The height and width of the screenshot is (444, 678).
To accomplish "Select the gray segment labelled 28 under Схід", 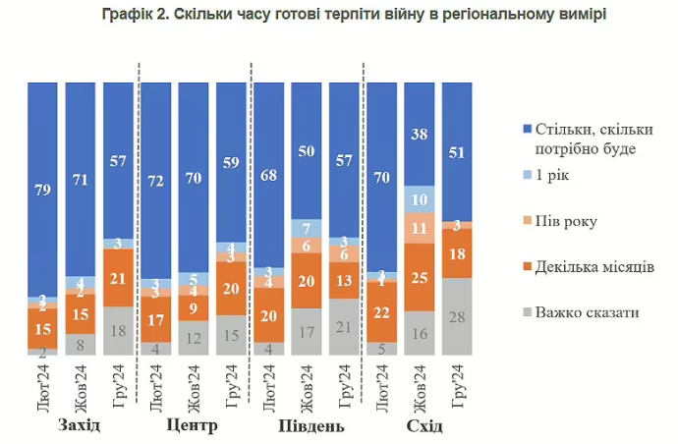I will (456, 315).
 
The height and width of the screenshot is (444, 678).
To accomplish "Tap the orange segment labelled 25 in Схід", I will (419, 278).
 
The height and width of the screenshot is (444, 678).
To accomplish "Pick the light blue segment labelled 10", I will (419, 199).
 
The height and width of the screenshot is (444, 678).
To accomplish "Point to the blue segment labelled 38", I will (419, 134).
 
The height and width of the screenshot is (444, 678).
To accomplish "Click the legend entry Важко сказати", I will (587, 312).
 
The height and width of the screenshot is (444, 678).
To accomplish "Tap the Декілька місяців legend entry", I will (600, 267).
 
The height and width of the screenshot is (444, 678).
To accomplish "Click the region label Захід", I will (80, 426).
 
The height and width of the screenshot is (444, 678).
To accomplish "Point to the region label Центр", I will (193, 426).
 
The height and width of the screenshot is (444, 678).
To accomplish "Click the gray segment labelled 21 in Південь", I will (344, 326).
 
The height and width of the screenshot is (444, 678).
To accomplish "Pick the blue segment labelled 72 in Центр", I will (155, 180).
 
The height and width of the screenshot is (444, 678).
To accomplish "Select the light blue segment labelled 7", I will (306, 228).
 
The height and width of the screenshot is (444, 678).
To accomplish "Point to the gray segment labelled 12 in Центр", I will (193, 337).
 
